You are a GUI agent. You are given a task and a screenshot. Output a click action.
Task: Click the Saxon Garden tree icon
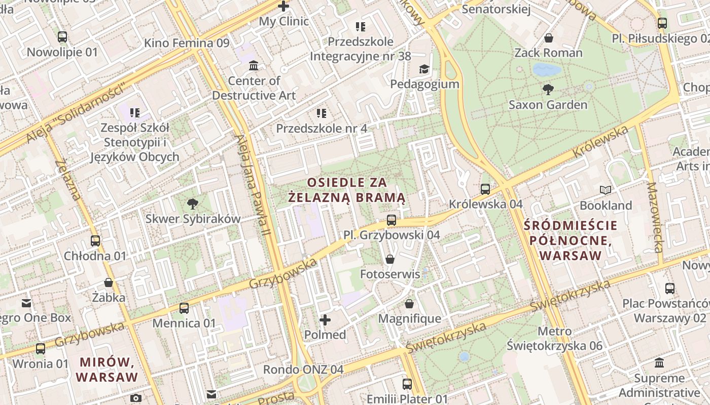pos(548,90)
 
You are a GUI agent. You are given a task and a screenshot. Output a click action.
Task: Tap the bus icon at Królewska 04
pos(485,189)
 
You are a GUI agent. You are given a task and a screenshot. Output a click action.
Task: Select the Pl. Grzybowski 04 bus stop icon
pos(391,220)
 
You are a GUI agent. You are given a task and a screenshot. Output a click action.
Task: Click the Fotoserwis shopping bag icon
pos(390,259)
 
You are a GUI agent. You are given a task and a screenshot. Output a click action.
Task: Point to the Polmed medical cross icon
pos(325,320)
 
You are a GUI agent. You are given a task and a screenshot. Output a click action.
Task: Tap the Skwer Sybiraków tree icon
pos(192,204)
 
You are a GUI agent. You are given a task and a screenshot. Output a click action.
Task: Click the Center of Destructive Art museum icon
pos(254,66)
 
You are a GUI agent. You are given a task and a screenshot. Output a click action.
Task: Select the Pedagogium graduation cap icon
pos(423,69)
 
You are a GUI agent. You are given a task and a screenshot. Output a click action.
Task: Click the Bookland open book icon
pos(605,190)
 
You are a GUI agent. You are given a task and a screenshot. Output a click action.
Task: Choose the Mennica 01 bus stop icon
pos(184,308)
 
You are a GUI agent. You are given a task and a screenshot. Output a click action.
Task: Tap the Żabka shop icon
pos(108,282)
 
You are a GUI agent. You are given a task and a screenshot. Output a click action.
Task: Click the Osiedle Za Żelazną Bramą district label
pos(347,189)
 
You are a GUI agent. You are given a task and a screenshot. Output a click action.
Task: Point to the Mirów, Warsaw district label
pos(107,370)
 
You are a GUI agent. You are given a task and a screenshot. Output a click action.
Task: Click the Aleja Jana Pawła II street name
pos(252,185)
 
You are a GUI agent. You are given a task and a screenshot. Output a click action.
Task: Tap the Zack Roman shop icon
pos(548,38)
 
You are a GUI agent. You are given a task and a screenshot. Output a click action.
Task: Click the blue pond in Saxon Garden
pos(547,70)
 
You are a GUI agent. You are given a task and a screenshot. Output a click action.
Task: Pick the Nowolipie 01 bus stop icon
pos(62,37)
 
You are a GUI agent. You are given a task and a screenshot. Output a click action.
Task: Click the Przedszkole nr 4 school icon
pos(321,113)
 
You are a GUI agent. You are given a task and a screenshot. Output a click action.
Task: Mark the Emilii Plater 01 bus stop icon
pos(407,384)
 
